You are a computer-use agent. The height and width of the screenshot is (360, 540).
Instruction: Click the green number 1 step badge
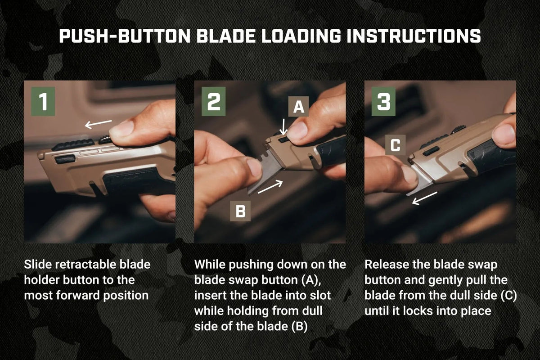pyautogui.click(x=43, y=102)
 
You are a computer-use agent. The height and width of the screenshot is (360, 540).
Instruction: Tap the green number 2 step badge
pyautogui.click(x=214, y=102)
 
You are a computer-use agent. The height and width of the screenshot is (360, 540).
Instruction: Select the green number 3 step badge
pyautogui.click(x=383, y=102)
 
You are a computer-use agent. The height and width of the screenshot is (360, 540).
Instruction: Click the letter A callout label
pyautogui.click(x=299, y=107)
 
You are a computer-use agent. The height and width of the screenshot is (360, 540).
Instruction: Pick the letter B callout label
pyautogui.click(x=240, y=211)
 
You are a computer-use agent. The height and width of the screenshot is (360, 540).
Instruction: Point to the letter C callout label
pyautogui.click(x=396, y=145)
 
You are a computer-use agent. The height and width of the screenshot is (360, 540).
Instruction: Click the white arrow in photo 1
pyautogui.click(x=99, y=124)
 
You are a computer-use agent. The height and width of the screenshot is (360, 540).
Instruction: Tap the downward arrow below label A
pyautogui.click(x=283, y=126)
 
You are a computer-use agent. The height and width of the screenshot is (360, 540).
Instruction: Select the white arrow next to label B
pyautogui.click(x=270, y=187)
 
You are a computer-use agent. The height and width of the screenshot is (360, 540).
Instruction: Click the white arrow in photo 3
pyautogui.click(x=424, y=198)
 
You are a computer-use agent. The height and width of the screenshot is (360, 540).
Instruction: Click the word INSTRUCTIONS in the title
pyautogui.click(x=414, y=36)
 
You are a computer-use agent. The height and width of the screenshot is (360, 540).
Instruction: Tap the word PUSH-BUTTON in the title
pyautogui.click(x=125, y=36)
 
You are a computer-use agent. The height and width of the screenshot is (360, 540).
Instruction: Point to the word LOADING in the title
pyautogui.click(x=301, y=36)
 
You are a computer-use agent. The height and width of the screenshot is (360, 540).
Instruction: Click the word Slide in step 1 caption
pyautogui.click(x=38, y=265)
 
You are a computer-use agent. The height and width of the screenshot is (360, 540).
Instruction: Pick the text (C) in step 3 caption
pyautogui.click(x=508, y=296)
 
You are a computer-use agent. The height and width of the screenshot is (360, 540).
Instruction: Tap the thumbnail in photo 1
pyautogui.click(x=122, y=129)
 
